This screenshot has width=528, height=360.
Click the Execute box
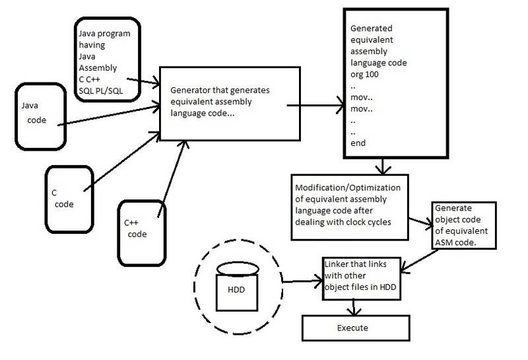pos(356,327)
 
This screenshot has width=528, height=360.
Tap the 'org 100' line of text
pos(370,74)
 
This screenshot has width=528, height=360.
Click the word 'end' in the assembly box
pos(358,143)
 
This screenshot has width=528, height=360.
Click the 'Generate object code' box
pos(461,225)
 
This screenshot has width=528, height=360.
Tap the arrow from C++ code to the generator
pos(170,178)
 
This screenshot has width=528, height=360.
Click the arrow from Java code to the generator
pos(106,112)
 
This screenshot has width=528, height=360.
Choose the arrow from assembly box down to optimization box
pos(381,165)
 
